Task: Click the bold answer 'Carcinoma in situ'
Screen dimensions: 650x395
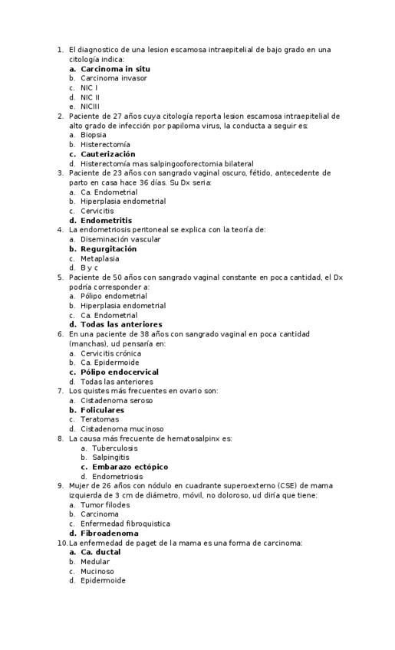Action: click(115, 69)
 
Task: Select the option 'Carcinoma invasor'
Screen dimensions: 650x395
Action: click(114, 78)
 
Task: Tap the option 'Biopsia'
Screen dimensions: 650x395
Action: click(94, 135)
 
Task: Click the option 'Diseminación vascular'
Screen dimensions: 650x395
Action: click(120, 239)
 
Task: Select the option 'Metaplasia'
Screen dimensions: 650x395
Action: click(100, 258)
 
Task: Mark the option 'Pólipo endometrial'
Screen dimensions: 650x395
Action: click(114, 296)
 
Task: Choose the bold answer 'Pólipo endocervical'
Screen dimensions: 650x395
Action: click(120, 372)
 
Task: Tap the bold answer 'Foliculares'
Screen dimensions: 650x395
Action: click(102, 410)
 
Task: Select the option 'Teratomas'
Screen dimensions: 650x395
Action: click(100, 419)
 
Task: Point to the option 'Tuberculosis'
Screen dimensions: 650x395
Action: click(114, 448)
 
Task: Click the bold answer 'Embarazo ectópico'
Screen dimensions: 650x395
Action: click(130, 467)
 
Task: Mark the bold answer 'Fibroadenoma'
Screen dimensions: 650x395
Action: click(110, 533)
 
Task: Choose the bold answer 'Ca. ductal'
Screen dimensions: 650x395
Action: click(100, 552)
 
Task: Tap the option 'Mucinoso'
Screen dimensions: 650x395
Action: click(97, 571)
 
